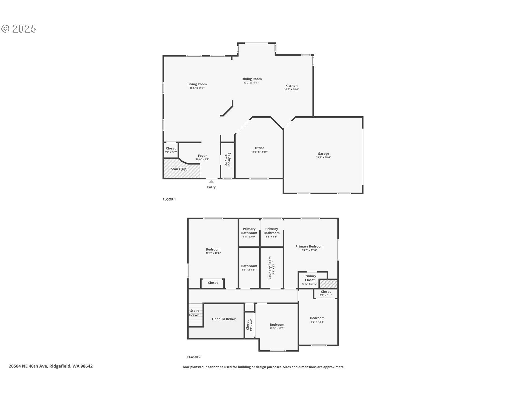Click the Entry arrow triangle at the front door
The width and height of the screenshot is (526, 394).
[211, 181]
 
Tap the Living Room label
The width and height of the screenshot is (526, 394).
[197, 84]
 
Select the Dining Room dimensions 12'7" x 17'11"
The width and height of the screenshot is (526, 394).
[251, 83]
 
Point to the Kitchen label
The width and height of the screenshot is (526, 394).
[291, 86]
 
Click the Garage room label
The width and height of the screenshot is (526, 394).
[323, 154]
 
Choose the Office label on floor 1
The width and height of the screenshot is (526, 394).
[259, 148]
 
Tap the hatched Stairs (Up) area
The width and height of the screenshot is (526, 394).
[182, 169]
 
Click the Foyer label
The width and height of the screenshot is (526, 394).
[202, 156]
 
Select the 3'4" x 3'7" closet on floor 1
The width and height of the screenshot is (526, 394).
[171, 150]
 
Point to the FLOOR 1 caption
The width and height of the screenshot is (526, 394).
[169, 199]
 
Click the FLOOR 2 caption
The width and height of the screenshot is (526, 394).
[194, 357]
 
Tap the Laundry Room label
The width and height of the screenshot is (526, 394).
[270, 268]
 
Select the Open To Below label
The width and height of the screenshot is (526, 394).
[224, 319]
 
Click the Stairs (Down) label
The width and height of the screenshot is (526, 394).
[195, 313]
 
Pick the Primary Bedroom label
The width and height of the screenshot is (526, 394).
[309, 247]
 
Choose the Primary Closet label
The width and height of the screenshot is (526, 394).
[310, 278]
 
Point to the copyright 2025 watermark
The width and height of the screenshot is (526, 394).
[19, 28]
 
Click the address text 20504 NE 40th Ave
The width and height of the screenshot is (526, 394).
[28, 366]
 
